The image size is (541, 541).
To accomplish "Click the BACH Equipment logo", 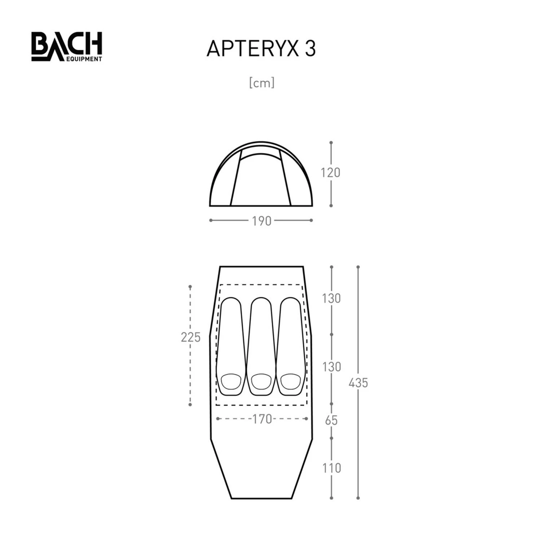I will pos(67,47).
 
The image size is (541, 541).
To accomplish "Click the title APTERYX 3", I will pos(261,49).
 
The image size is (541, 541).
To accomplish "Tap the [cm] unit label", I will pos(262,83).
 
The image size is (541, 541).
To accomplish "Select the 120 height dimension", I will pos(331,173).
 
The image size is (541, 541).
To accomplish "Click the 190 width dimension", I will pos(261,221).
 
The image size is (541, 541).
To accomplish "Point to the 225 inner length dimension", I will pos(190,337).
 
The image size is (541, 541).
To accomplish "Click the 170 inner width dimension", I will pos(262,419).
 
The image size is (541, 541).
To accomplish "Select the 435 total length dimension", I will pos(358,383).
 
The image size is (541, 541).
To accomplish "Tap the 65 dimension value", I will pos(331,421).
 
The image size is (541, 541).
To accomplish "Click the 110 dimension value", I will pos(331,468).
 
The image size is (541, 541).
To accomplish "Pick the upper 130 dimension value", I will pos(331,299).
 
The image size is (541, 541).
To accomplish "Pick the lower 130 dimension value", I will pos(331,367).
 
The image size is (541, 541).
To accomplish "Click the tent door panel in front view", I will pos(261,180).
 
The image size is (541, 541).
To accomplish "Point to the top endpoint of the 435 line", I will pos(358,267).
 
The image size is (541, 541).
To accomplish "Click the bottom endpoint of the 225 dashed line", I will pos(190,405).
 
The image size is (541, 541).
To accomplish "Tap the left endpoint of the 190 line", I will pos(211,220).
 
